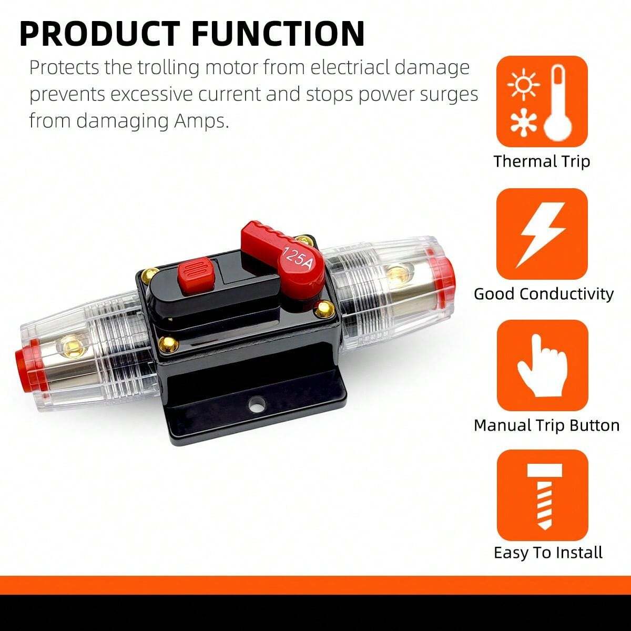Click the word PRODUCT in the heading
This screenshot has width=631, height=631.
click(x=100, y=34)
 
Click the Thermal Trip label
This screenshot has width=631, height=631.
click(x=542, y=161)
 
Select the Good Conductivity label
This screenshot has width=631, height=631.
click(x=544, y=294)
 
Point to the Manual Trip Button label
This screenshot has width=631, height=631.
click(x=546, y=426)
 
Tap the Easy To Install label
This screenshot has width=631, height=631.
click(x=548, y=553)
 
